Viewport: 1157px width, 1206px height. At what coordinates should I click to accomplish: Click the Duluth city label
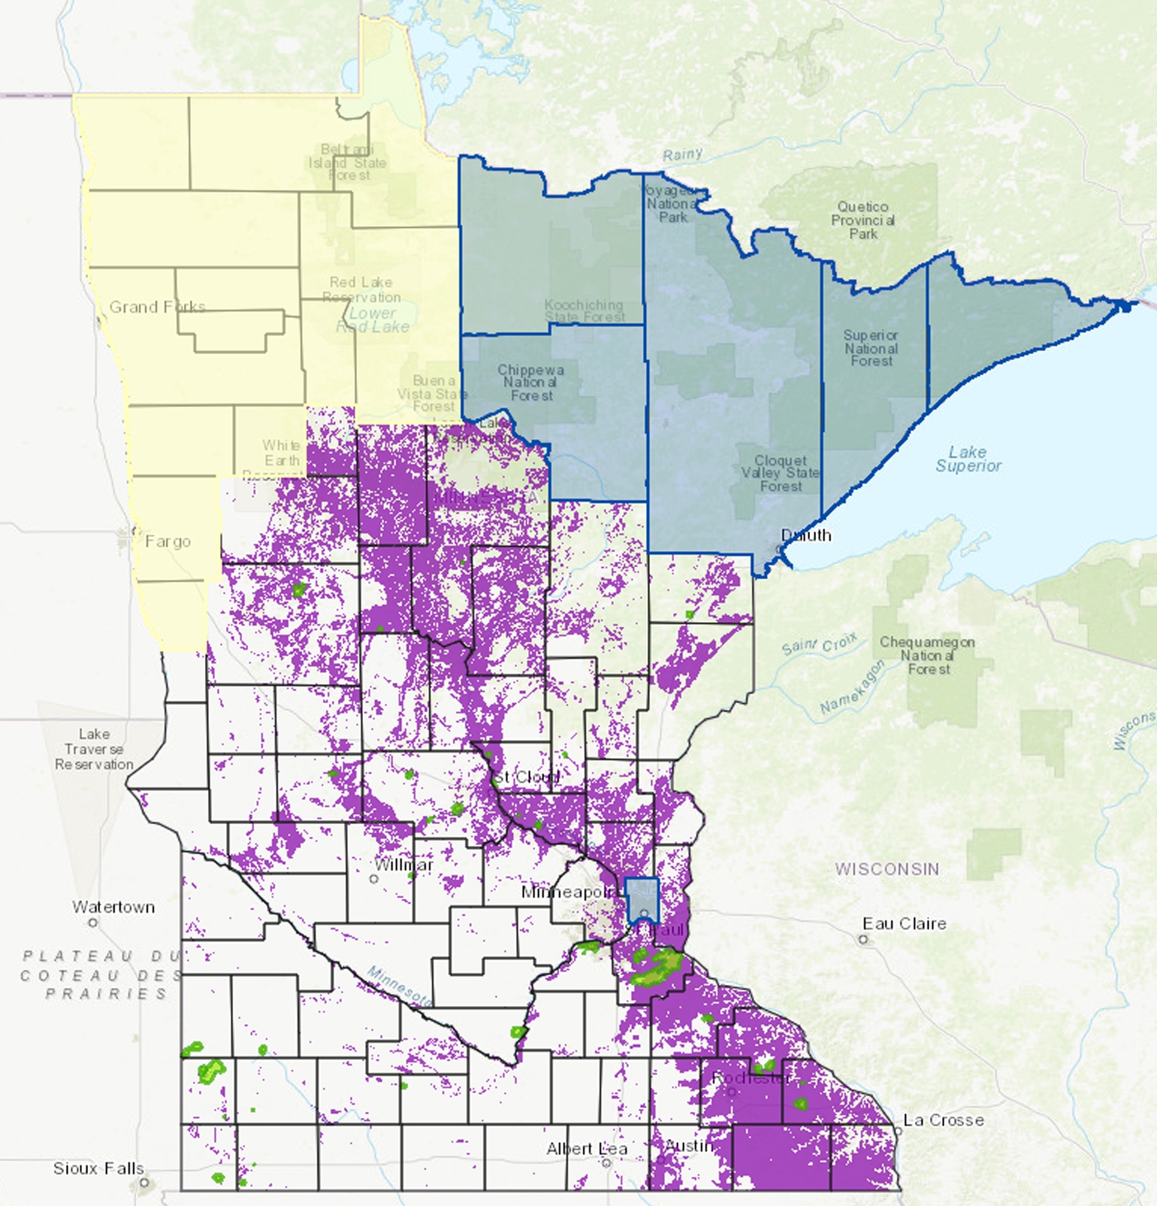coord(806,535)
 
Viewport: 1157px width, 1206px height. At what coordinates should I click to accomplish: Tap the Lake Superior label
coord(968,459)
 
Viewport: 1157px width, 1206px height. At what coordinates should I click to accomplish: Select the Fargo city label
coord(168,541)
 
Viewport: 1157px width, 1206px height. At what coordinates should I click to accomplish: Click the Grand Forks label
coord(157,307)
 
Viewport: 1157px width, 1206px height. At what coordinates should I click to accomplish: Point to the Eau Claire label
coord(904,923)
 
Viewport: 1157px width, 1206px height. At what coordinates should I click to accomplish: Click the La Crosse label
coord(943,1120)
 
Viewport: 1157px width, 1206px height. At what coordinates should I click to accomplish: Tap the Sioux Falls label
coord(98,1168)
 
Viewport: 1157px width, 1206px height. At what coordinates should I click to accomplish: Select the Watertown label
coord(113,907)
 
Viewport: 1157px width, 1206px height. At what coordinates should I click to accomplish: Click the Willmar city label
coord(403,865)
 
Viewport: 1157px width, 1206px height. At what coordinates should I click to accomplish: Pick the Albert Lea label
coord(586,1149)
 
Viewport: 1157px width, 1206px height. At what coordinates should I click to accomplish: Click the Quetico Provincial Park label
coord(862,220)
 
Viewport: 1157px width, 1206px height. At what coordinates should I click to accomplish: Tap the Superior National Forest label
coord(871,348)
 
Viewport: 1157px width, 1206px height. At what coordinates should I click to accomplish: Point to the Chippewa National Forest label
coord(530,383)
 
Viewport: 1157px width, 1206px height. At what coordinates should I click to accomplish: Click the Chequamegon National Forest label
coord(927,655)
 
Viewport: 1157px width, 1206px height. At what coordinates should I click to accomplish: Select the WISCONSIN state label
coord(887,869)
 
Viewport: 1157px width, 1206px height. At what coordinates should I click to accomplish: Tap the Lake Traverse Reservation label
coord(94,749)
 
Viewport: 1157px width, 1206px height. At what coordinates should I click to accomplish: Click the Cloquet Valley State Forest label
coord(781,473)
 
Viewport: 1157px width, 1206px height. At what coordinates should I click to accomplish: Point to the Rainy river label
coord(682,155)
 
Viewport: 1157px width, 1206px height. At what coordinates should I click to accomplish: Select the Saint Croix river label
coord(819,645)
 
